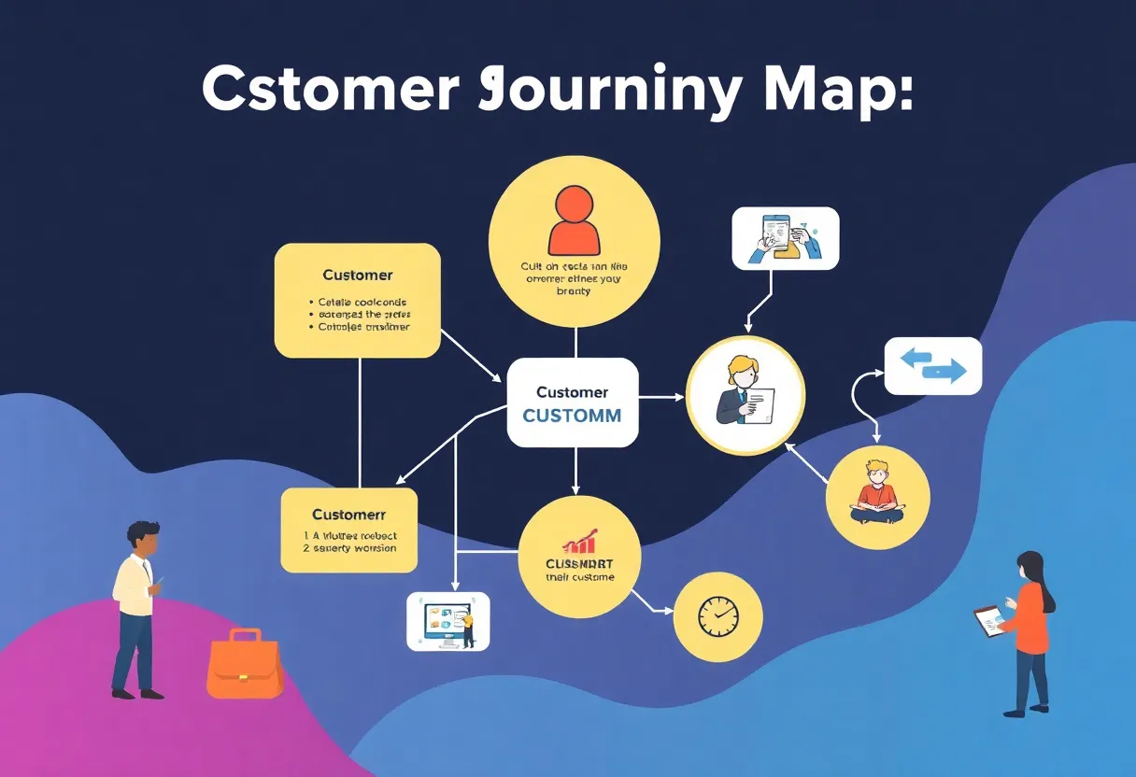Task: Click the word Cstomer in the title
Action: pyautogui.click(x=330, y=91)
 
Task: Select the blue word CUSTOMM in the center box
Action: pyautogui.click(x=572, y=416)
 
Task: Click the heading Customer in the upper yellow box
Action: pyautogui.click(x=357, y=275)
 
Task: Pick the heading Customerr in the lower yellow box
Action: pyautogui.click(x=349, y=515)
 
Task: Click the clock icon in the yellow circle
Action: pyautogui.click(x=717, y=616)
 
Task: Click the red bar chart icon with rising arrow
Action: pyautogui.click(x=580, y=543)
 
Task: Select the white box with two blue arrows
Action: pyautogui.click(x=932, y=366)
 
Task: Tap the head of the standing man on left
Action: pyautogui.click(x=144, y=538)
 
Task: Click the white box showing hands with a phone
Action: pyautogui.click(x=786, y=238)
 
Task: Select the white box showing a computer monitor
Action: pyautogui.click(x=447, y=621)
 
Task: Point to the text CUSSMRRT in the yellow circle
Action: pyautogui.click(x=579, y=563)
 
